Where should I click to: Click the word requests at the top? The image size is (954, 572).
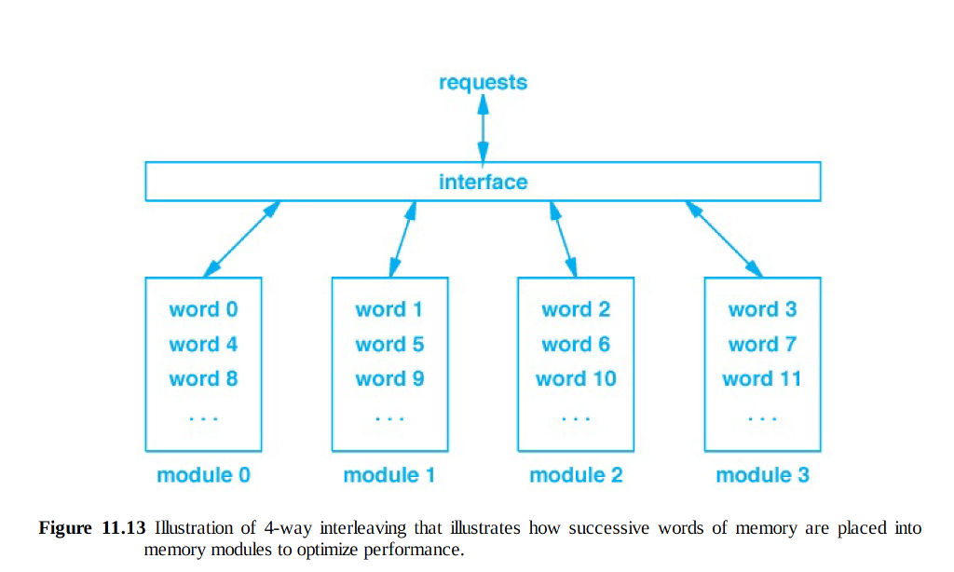(483, 83)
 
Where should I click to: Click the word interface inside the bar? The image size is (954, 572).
(483, 182)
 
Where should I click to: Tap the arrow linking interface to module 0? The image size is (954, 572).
(241, 238)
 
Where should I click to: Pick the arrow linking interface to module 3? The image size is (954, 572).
(724, 238)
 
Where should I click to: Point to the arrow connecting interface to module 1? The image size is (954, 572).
(402, 238)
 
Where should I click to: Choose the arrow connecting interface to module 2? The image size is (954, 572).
(563, 238)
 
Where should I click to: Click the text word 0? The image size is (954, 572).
(203, 309)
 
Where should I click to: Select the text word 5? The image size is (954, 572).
(389, 345)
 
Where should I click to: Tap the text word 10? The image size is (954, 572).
(576, 379)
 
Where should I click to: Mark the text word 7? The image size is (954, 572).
(762, 345)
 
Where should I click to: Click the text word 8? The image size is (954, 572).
(203, 379)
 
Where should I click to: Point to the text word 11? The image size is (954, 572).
(762, 379)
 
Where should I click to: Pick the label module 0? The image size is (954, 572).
(203, 475)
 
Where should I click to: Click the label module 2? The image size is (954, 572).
(576, 475)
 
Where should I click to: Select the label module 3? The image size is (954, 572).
(762, 475)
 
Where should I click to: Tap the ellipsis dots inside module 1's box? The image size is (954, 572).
(389, 419)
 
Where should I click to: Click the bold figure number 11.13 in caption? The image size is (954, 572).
(121, 528)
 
